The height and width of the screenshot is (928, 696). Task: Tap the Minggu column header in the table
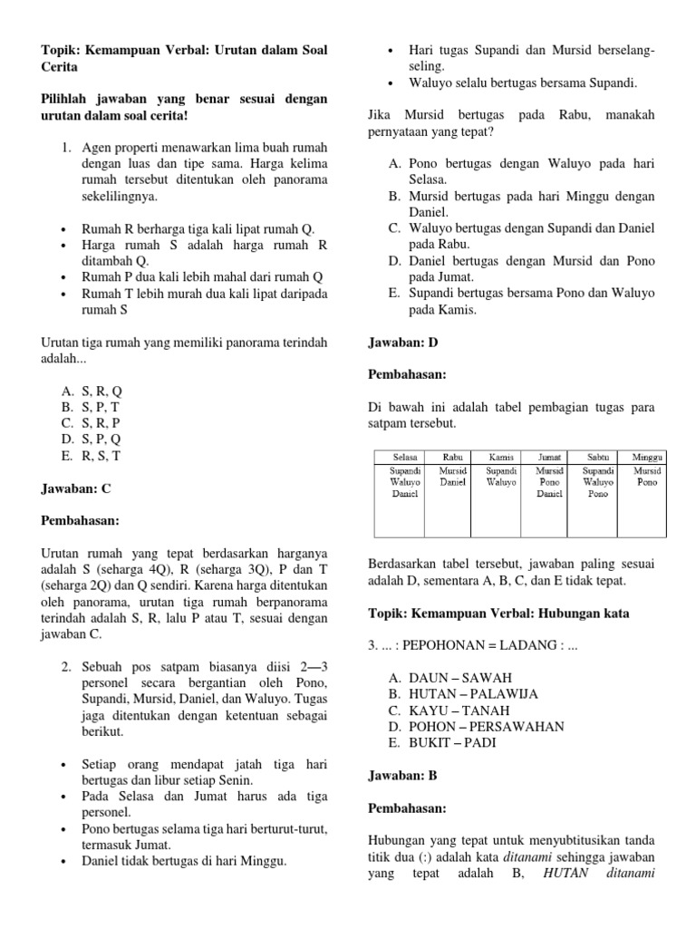click(648, 457)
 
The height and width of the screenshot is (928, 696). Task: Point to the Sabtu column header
click(598, 457)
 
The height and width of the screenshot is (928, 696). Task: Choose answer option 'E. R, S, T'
click(91, 456)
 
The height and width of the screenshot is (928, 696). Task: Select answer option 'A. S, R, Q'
click(91, 391)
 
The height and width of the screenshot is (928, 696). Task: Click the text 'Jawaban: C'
click(76, 488)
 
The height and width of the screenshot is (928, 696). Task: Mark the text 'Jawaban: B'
click(403, 776)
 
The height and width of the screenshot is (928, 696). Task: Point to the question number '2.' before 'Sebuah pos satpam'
click(67, 666)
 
